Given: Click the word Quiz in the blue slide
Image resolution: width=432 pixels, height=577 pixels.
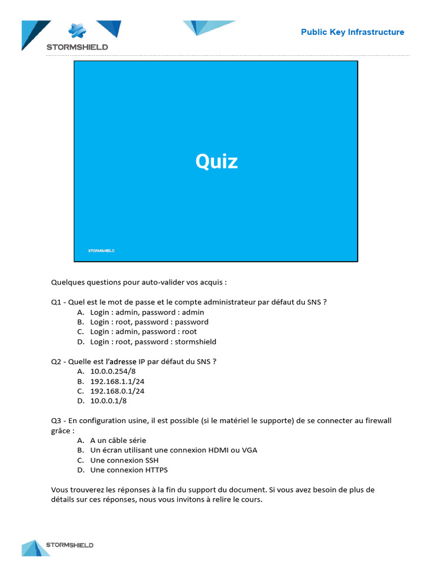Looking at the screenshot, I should point(217,162).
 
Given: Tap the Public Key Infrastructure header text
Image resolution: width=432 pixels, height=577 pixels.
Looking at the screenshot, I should point(352,32).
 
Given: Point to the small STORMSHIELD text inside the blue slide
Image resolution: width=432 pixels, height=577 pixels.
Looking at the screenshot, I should point(101,251).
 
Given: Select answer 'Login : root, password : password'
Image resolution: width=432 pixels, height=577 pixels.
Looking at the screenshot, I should point(149,322).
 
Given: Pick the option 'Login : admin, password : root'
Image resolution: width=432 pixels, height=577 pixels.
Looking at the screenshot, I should point(143,332).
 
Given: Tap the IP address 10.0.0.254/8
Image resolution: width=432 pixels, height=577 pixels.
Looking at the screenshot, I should point(113,371).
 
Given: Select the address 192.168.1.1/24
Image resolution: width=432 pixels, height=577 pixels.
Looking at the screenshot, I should point(117,381).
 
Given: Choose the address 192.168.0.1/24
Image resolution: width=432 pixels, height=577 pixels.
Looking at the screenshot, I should point(117,391).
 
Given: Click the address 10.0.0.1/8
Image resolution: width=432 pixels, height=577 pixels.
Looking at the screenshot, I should point(109,401).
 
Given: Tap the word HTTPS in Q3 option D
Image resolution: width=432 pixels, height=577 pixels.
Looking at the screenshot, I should point(156,470).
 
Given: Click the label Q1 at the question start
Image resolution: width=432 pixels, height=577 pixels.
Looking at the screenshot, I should point(56,302).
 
